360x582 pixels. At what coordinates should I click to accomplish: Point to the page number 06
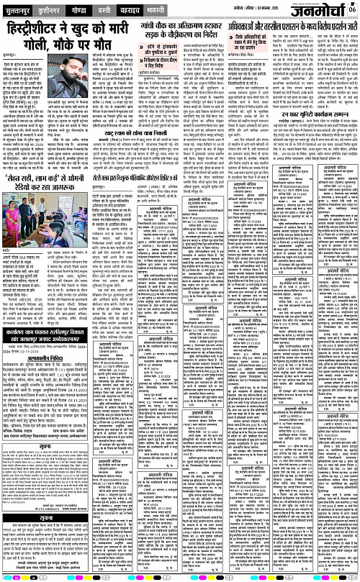pyautogui.click(x=353, y=8)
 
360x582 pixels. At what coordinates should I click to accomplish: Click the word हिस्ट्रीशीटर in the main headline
pyautogui.click(x=39, y=27)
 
